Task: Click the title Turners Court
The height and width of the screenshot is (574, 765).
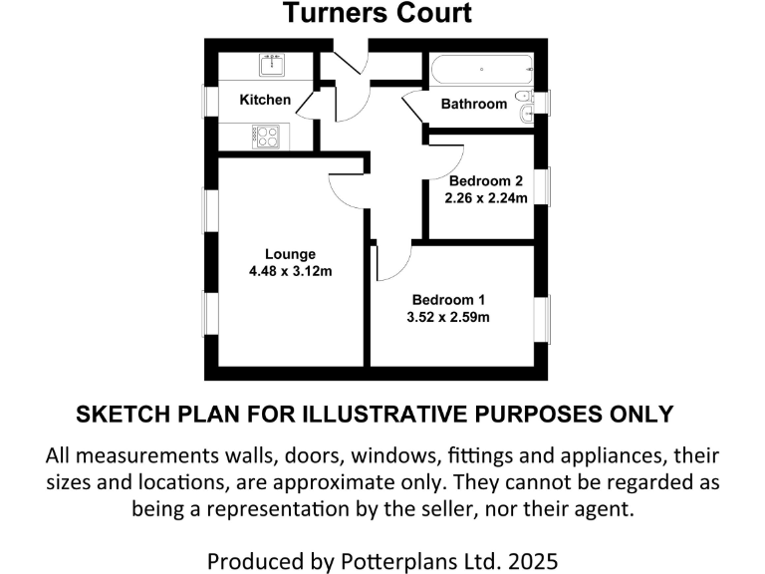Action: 377,14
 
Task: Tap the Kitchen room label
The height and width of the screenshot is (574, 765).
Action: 265,100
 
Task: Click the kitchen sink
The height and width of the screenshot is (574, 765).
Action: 271,66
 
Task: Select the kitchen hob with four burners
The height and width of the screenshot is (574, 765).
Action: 266,136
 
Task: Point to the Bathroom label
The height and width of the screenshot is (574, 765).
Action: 474,104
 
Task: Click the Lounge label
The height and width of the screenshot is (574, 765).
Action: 290,254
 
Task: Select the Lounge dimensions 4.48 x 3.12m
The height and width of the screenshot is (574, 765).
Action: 290,271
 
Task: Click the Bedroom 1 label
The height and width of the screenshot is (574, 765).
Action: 449,300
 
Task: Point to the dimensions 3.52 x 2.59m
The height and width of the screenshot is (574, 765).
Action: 449,318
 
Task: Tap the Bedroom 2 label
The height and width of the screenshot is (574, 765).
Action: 485,181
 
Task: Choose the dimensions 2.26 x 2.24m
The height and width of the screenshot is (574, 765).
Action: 485,197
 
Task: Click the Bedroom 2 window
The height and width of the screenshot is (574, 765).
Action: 546,186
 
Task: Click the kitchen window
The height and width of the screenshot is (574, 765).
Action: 211,103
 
